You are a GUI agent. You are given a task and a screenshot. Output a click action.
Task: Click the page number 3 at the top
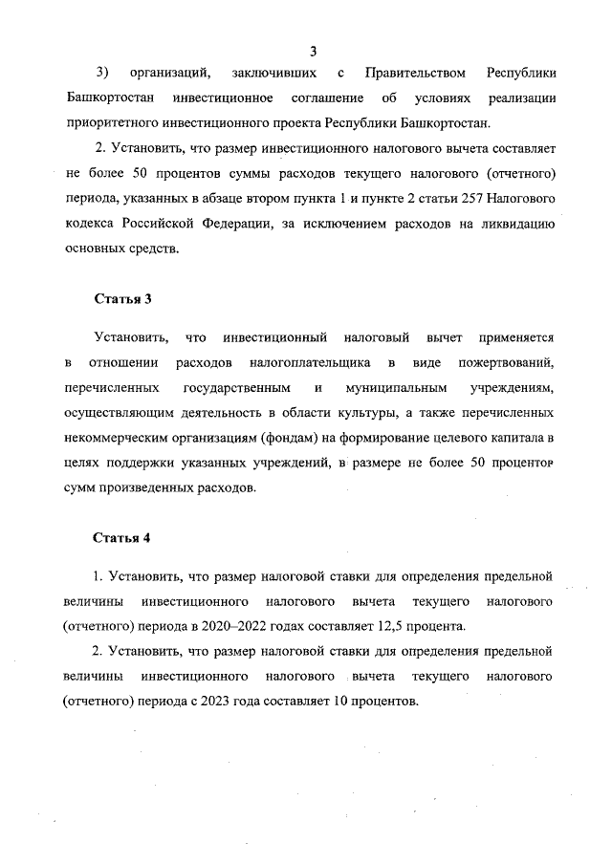313,51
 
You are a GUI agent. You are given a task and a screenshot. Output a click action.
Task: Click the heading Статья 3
122,299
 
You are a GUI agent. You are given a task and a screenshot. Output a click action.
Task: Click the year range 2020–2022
252,626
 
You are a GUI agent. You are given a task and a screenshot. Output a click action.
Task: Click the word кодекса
96,223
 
